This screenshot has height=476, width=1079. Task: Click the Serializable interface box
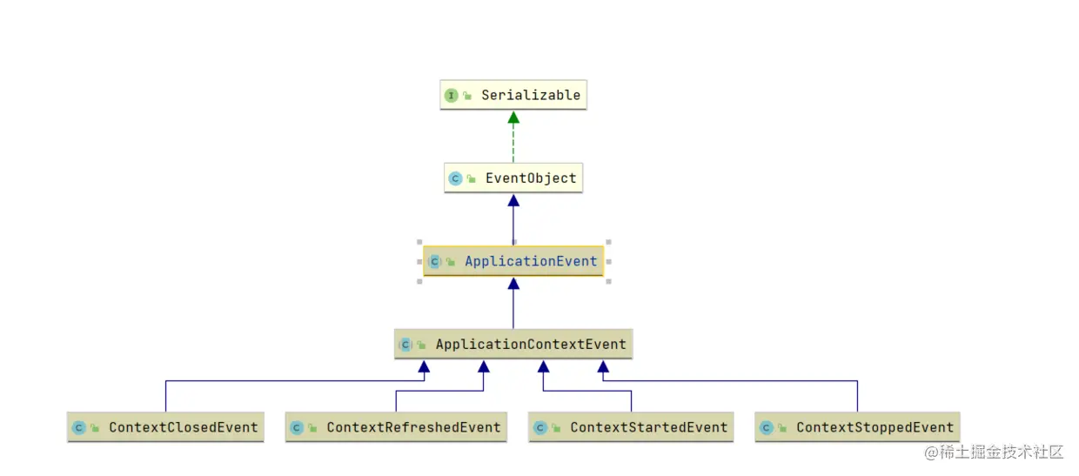coord(513,95)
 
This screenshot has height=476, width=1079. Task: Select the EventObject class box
coord(513,178)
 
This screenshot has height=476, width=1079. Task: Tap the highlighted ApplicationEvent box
coord(513,261)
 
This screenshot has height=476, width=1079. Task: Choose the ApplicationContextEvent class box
coord(513,345)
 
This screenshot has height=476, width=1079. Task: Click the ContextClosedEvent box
coord(165,427)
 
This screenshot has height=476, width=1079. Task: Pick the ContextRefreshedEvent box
coord(396,427)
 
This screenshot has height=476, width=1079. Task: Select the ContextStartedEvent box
coord(631,427)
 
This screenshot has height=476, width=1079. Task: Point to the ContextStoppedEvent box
coord(857,427)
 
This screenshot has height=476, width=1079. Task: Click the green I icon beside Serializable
coord(451,95)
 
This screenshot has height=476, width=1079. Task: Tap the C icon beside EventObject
coord(455,178)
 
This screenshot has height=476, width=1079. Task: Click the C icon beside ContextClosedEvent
coord(78,428)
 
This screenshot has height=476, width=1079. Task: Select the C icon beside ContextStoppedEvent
coord(766,428)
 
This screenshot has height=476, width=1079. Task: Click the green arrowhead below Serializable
coord(513,117)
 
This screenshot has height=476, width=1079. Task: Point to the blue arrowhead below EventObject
coord(513,200)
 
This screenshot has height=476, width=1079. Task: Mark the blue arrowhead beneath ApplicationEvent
coord(513,284)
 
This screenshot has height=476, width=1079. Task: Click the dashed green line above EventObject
coord(513,144)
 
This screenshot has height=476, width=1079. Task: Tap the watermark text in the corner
coord(994,452)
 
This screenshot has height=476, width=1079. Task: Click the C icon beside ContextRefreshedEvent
coord(297,428)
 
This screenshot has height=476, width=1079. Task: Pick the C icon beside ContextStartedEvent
coord(539,428)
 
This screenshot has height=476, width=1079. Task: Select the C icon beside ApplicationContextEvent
coord(405,345)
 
